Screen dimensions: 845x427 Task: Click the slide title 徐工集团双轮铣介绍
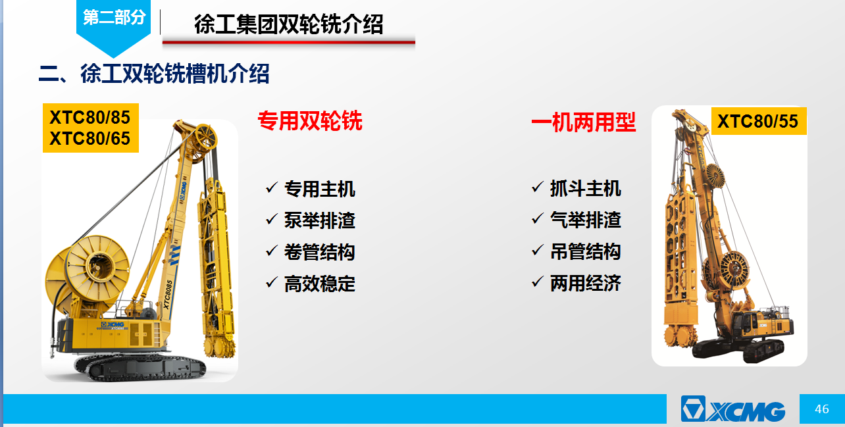point(289,24)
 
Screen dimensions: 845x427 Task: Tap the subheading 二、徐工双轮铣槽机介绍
point(154,73)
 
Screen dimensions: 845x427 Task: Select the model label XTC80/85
point(90,117)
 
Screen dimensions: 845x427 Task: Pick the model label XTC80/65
point(90,138)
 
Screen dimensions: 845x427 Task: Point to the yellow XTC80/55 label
point(758,121)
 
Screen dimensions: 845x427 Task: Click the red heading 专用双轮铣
point(310,120)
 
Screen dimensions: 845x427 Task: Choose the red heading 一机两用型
point(584,122)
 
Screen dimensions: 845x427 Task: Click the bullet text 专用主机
point(320,189)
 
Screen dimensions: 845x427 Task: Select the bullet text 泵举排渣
point(320,220)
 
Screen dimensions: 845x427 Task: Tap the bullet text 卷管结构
point(320,252)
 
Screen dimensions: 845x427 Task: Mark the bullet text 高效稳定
point(320,284)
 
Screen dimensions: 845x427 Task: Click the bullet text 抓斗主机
point(586,188)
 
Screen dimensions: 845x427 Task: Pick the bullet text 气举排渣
point(586,220)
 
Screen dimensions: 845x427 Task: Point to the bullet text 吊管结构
point(586,251)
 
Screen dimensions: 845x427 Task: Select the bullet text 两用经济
point(586,283)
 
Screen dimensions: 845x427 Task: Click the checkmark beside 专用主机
point(272,187)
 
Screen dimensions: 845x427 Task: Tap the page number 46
point(822,409)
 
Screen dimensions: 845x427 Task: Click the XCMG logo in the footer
point(733,409)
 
